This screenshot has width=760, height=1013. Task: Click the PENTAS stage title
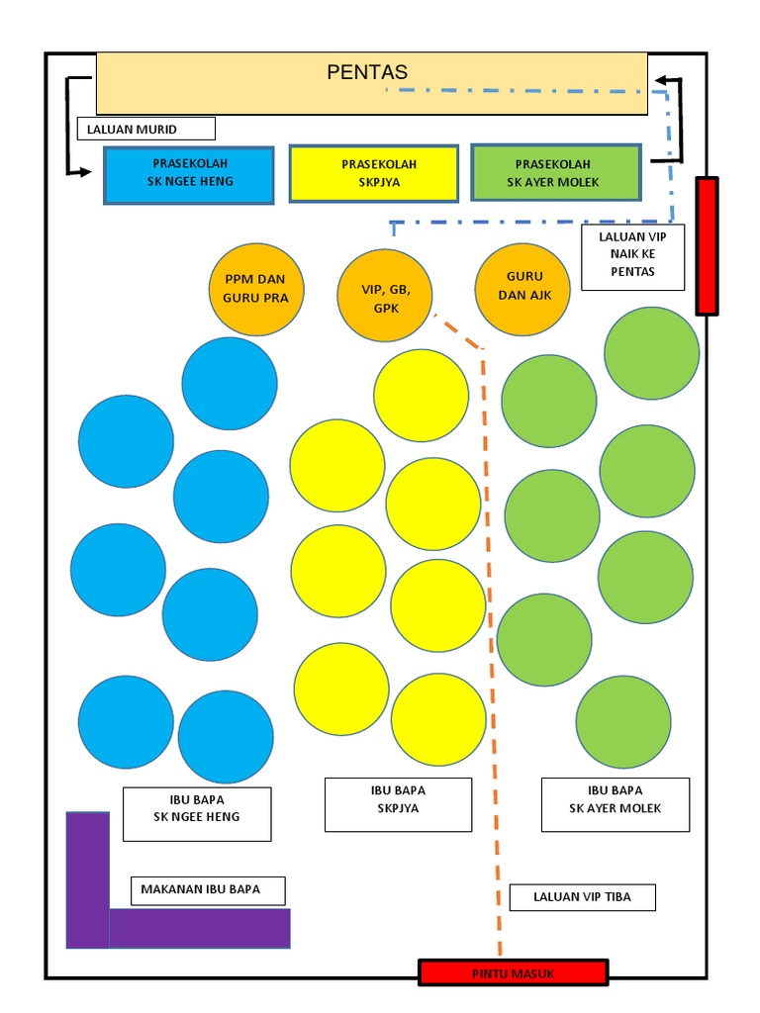click(x=367, y=71)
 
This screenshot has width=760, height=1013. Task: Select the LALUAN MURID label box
click(x=146, y=129)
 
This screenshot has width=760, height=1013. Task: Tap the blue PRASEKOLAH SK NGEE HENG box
click(x=189, y=175)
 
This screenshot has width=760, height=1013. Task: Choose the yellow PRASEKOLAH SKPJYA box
click(x=373, y=174)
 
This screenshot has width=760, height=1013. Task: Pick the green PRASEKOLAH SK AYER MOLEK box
click(x=556, y=172)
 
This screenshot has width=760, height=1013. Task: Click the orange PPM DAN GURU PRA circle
click(x=256, y=289)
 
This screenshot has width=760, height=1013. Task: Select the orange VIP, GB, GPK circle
click(x=385, y=295)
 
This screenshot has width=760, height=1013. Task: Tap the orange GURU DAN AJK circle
click(x=522, y=290)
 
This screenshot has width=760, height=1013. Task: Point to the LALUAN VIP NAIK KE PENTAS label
click(x=632, y=258)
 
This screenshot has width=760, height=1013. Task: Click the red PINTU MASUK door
click(x=514, y=973)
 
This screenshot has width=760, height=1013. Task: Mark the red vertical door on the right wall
click(x=707, y=246)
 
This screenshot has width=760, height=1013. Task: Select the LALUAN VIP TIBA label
click(x=582, y=897)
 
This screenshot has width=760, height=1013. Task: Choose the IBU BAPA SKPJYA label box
click(x=398, y=804)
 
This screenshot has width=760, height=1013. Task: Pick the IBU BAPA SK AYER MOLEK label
click(x=616, y=804)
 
